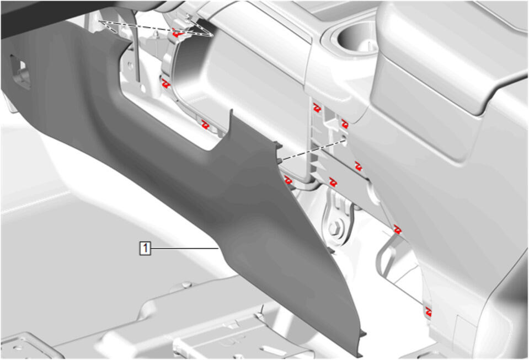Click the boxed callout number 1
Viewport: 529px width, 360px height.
coord(145,249)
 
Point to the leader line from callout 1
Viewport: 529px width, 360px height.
coord(185,249)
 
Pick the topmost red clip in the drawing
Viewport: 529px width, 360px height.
coord(178,34)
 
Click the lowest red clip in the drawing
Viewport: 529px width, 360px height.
coord(429,311)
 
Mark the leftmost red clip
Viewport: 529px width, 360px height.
coord(165,84)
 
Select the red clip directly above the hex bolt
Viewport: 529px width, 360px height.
coord(333,182)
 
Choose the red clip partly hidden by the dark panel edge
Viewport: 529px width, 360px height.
coord(287,180)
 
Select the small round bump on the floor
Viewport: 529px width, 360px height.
coord(185,285)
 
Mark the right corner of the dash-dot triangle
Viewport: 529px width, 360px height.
coord(212,35)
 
